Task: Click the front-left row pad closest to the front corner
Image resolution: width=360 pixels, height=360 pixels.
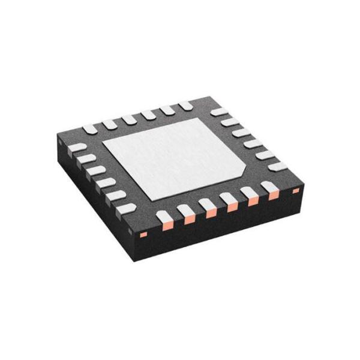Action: click(x=126, y=208)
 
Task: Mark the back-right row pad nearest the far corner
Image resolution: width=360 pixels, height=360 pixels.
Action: click(x=220, y=112)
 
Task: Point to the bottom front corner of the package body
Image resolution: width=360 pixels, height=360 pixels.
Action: click(x=140, y=253)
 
